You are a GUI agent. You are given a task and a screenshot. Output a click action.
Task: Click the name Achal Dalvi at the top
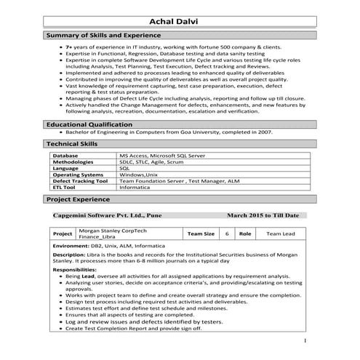[180, 20]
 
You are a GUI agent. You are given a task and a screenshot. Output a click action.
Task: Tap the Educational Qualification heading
[89, 125]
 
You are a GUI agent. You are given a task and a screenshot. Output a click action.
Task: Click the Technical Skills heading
[72, 145]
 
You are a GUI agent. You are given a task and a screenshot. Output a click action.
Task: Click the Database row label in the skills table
[65, 156]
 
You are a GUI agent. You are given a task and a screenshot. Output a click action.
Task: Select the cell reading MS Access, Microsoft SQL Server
[162, 156]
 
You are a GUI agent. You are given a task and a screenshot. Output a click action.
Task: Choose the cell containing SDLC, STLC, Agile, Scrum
[154, 162]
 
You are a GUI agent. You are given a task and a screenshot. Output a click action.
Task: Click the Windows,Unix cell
[138, 175]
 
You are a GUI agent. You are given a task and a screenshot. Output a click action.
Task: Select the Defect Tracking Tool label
[80, 181]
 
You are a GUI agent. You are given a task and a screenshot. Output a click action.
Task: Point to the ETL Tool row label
[65, 187]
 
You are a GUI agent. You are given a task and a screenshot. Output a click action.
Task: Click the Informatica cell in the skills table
[135, 187]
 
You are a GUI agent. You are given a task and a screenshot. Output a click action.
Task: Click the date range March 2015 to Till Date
[263, 216]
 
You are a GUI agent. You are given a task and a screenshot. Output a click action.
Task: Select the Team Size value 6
[227, 234]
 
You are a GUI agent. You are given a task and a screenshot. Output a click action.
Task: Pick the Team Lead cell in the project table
[280, 234]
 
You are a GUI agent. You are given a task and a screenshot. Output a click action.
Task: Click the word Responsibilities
[75, 270]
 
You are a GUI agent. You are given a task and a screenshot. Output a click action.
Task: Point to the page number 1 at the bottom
[305, 340]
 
